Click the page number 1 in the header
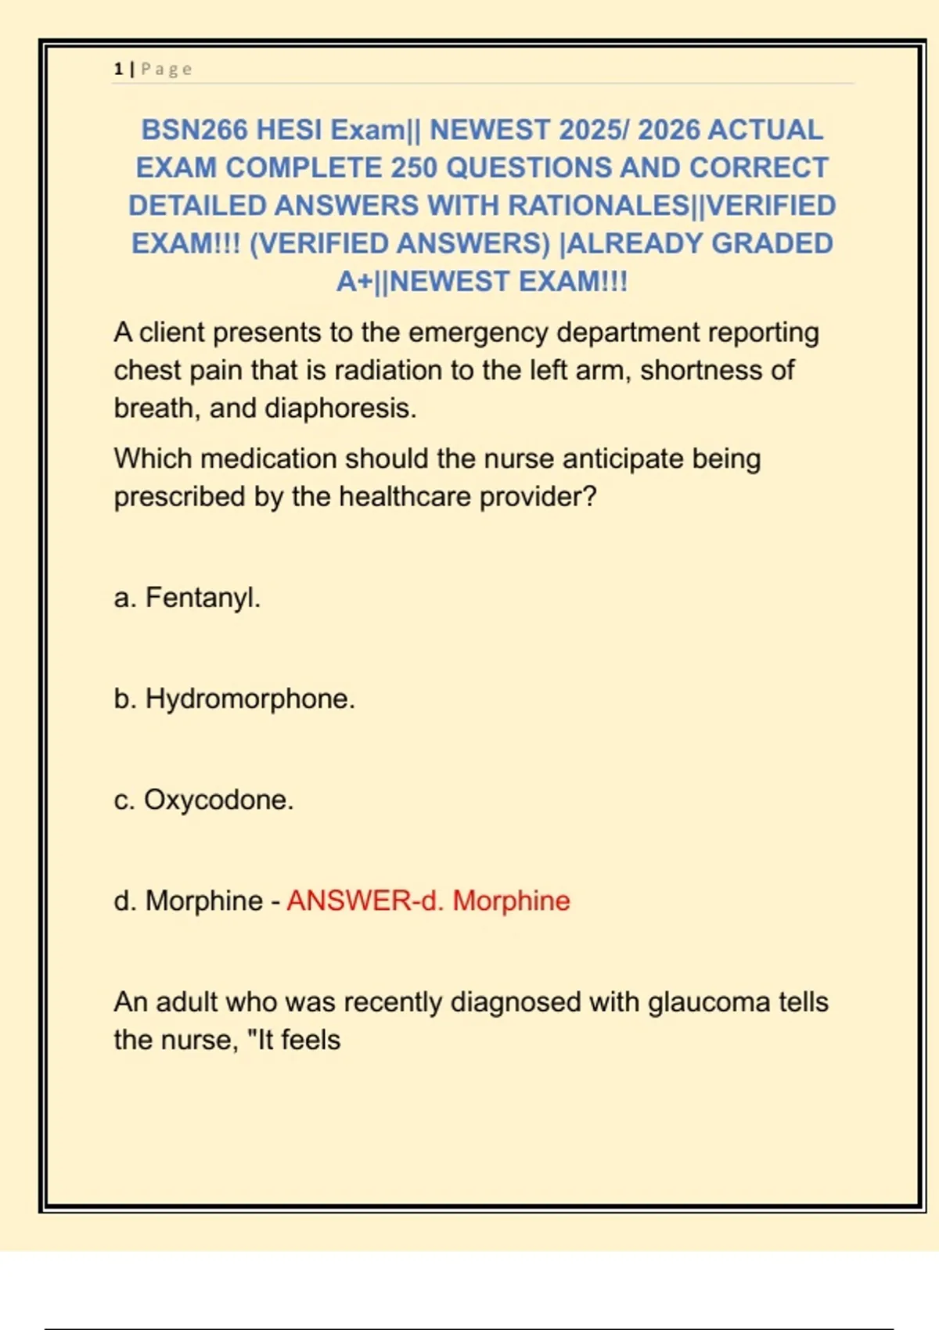point(118,69)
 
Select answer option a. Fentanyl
point(187,598)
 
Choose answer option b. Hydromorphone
point(234,699)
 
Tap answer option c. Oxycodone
point(203,800)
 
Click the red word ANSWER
point(349,900)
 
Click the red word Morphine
point(512,900)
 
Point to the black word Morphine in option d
point(204,900)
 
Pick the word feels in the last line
point(311,1041)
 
